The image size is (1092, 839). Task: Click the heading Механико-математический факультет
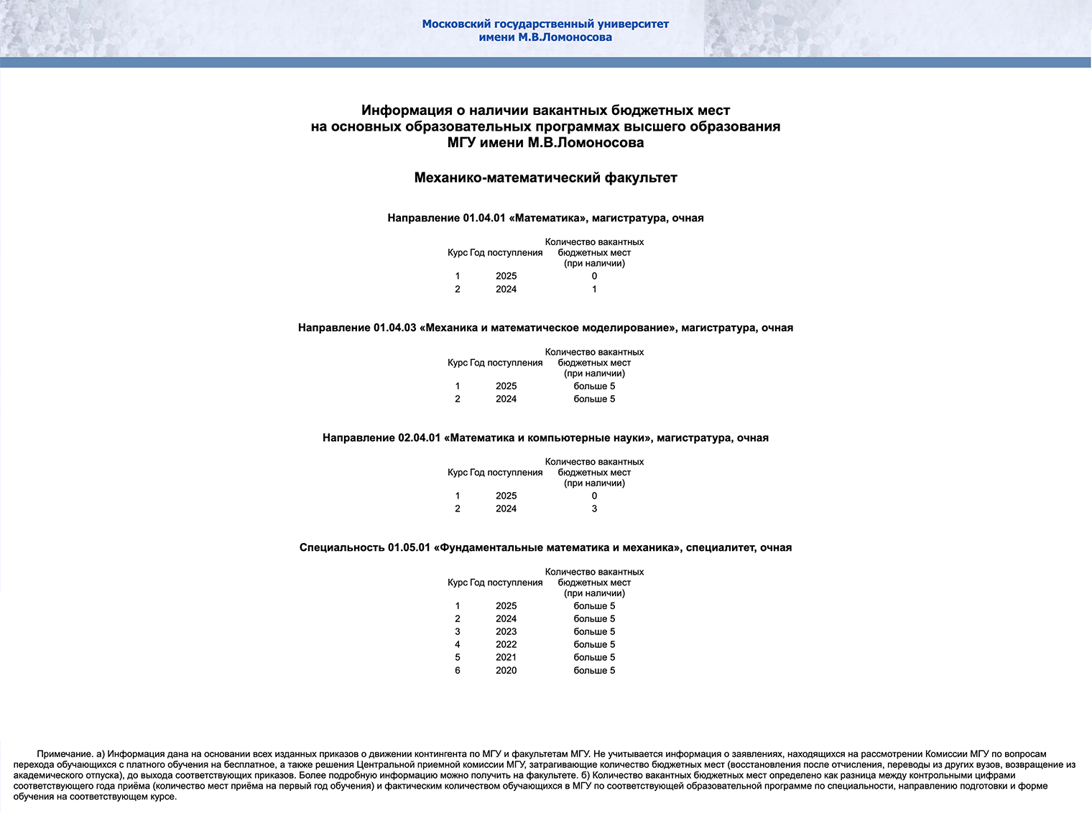click(545, 178)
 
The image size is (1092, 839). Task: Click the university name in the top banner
click(545, 30)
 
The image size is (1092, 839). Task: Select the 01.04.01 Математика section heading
click(545, 218)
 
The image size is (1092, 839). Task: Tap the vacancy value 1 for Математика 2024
click(594, 289)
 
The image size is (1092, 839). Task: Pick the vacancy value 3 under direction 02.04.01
click(594, 509)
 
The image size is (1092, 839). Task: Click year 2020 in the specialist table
click(506, 671)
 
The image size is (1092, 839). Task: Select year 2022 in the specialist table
click(506, 645)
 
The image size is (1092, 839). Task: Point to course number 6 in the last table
click(458, 671)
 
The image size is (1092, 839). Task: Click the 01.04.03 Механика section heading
click(545, 328)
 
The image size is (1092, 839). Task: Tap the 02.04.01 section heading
click(545, 438)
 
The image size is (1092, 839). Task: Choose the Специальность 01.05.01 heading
click(545, 548)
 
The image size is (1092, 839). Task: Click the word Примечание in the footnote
click(65, 754)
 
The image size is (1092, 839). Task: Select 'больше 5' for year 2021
click(594, 658)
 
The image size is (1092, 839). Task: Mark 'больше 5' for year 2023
click(594, 632)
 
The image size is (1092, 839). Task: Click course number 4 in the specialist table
click(458, 645)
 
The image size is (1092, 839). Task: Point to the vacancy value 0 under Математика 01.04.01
click(594, 277)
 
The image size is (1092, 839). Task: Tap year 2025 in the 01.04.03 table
click(506, 386)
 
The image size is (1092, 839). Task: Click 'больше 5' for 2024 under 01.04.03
click(594, 399)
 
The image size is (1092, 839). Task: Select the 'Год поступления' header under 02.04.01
click(506, 473)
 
